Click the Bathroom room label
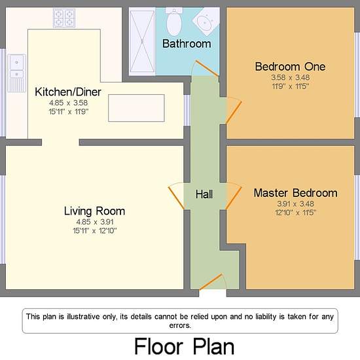click(187, 44)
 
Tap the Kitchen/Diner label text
click(68, 92)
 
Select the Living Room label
click(94, 211)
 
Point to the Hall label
click(204, 194)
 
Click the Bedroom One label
click(290, 67)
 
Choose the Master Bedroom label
click(295, 193)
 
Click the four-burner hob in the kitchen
click(64, 18)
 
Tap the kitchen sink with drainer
click(16, 73)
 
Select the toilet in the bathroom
click(174, 22)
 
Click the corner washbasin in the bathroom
click(206, 21)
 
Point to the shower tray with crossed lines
click(142, 41)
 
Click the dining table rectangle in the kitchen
click(136, 108)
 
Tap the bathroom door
click(206, 68)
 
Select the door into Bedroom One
click(234, 113)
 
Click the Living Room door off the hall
click(176, 198)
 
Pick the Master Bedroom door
click(234, 198)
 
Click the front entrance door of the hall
click(211, 281)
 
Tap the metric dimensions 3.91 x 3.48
click(295, 204)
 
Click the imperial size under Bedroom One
click(290, 86)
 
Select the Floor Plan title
click(184, 346)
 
